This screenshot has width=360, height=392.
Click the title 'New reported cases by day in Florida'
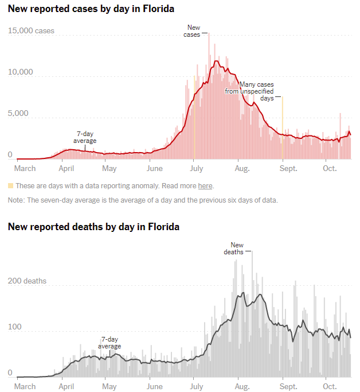click(91, 9)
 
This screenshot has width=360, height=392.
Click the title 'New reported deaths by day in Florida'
click(93, 227)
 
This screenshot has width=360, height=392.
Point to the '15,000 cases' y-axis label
click(31, 30)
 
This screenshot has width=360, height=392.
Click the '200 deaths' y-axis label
click(27, 281)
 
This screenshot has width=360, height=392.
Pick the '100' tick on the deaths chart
click(14, 327)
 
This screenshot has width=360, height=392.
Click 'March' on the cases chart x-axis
click(25, 168)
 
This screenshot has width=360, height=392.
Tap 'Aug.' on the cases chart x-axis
click(242, 168)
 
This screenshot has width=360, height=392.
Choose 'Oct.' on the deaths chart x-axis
click(329, 386)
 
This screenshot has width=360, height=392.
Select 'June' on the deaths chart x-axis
click(155, 386)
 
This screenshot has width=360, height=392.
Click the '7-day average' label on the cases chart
click(85, 137)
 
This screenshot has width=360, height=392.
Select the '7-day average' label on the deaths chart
click(109, 343)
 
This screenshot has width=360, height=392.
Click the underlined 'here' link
click(205, 185)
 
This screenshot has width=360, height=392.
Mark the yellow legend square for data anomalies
click(10, 185)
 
